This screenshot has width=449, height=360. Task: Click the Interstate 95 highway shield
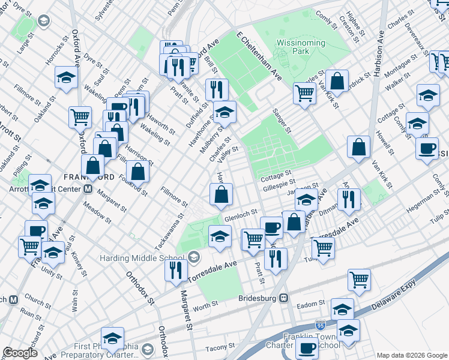coord(320,325)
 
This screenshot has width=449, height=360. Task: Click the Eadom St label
coord(313,304)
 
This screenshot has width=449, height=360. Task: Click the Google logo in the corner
coord(20,352)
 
